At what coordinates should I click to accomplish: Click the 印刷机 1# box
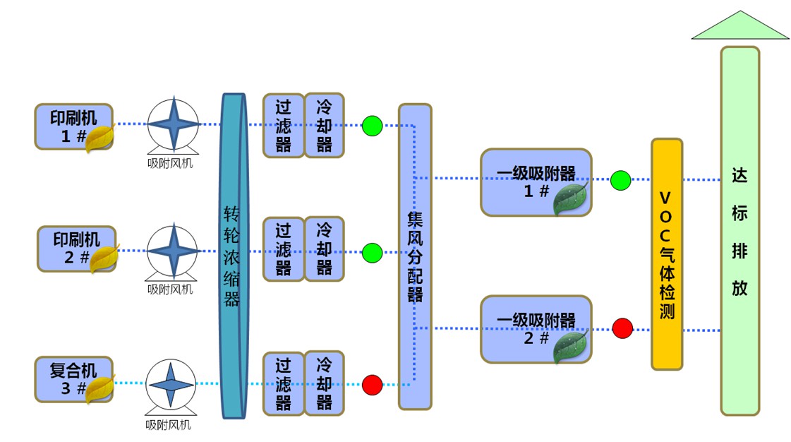(71, 126)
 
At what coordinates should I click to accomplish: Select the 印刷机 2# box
(73, 249)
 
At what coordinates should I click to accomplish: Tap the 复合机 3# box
(71, 378)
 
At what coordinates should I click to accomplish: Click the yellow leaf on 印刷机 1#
(99, 138)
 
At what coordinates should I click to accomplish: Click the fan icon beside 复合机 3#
(170, 385)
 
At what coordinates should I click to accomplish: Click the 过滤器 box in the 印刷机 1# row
(284, 125)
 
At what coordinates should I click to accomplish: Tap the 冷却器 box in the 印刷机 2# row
(324, 249)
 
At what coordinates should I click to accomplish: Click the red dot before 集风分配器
(372, 385)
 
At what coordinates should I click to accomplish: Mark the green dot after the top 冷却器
(372, 126)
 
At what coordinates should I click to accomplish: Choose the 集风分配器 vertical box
(415, 256)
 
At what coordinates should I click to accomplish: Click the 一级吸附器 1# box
(535, 181)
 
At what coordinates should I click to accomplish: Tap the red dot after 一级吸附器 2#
(622, 328)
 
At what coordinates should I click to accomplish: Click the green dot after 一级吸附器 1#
(620, 180)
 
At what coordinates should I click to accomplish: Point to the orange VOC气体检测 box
(666, 254)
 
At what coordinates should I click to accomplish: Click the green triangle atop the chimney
(739, 27)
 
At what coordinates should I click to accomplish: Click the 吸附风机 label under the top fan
(170, 163)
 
